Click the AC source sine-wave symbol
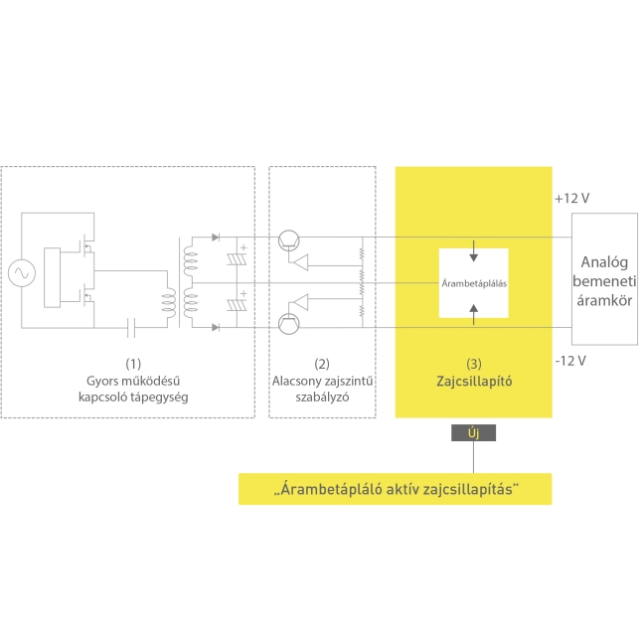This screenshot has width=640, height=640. [x=22, y=272]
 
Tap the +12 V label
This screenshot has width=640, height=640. [x=572, y=199]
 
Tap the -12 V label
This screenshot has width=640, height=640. [x=570, y=361]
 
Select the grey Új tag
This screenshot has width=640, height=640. [x=473, y=432]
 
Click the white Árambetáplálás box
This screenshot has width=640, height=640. [x=473, y=283]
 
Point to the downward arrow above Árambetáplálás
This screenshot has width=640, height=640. [x=473, y=250]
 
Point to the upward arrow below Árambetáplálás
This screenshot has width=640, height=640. [x=473, y=315]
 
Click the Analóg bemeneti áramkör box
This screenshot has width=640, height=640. [x=604, y=279]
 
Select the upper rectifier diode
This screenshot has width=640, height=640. [x=216, y=238]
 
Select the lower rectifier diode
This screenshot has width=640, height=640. [x=216, y=327]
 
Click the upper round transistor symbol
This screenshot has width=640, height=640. [x=288, y=240]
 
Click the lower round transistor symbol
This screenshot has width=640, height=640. [x=288, y=324]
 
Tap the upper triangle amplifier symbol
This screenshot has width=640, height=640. [x=301, y=262]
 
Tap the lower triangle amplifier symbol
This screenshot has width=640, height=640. [x=301, y=302]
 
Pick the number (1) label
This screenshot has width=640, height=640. [x=133, y=364]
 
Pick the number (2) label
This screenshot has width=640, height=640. [x=322, y=364]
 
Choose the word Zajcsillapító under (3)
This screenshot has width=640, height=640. [x=474, y=382]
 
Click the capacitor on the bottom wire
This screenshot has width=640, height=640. [x=131, y=327]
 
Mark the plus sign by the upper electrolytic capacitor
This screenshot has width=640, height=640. [x=243, y=247]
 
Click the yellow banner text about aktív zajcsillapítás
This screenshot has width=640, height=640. [x=396, y=489]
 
